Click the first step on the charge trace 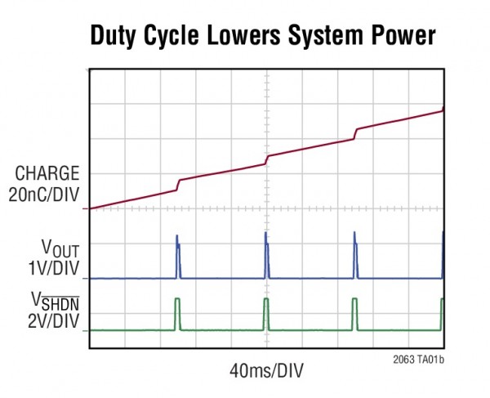[178, 185]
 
